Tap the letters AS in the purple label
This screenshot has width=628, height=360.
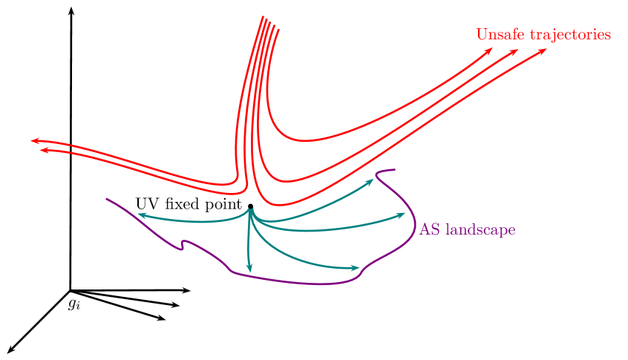coord(429,230)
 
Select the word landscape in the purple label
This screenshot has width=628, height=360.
coord(479,230)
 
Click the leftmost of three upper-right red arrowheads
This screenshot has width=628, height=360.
coord(489,50)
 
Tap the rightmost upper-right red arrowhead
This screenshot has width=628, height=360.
coord(543,51)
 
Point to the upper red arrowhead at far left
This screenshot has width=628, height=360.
coord(34,140)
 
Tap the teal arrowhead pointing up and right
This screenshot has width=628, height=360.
coord(370,180)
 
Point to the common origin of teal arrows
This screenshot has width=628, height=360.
coord(251,211)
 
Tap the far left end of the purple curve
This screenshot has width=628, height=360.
coord(108,199)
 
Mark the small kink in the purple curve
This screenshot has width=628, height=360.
coord(182,245)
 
